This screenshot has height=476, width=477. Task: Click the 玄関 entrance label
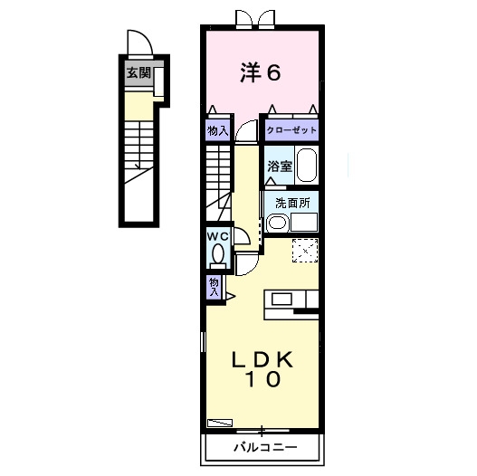point(138,72)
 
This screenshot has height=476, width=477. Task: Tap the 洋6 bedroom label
point(261,72)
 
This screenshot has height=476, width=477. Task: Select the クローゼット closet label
point(291,130)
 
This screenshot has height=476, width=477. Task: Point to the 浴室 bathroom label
point(280,167)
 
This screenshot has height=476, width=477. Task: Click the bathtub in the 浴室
point(307,166)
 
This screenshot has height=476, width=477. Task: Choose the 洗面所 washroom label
point(292,204)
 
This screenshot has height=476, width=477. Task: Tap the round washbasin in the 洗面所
point(277,223)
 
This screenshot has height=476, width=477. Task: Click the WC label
point(217,236)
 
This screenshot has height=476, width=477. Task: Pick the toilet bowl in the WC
point(218,254)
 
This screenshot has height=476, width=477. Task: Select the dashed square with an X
point(305,251)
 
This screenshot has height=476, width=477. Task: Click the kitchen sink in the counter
point(281,299)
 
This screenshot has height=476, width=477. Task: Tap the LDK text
point(262,359)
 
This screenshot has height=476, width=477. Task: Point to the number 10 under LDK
point(263,379)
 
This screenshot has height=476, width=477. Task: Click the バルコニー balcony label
point(265,447)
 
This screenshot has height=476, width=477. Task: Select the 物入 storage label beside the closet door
point(218,131)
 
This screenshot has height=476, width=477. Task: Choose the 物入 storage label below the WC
point(215,287)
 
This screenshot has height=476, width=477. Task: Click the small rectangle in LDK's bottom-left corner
point(220,423)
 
